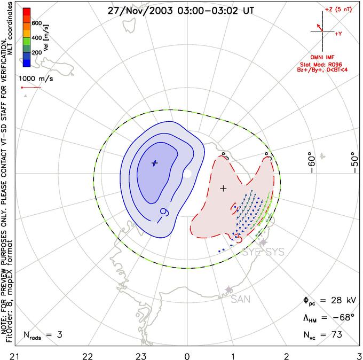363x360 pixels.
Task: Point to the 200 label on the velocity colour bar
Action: [x=37, y=53]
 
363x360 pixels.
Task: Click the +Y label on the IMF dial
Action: [x=338, y=33]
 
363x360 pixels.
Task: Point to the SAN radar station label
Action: [x=241, y=300]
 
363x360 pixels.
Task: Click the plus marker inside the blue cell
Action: [x=155, y=163]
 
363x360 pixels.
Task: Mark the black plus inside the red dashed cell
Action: [x=224, y=188]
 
